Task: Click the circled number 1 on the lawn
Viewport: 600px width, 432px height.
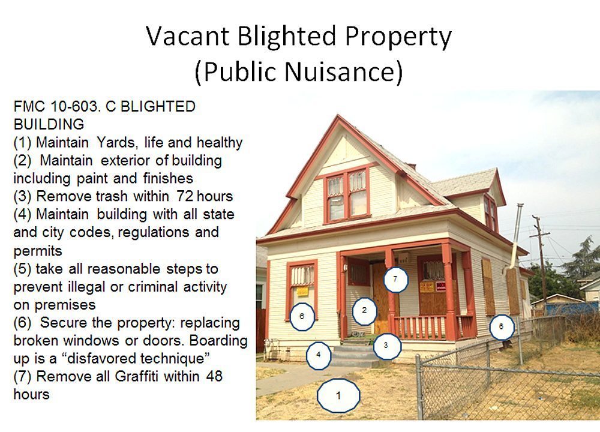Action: point(338,395)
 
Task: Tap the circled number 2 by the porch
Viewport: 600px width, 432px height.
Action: point(364,311)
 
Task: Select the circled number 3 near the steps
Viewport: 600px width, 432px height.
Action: point(386,346)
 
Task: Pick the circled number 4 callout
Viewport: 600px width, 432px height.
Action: point(319,355)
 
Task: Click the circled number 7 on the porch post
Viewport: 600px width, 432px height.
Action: point(395,280)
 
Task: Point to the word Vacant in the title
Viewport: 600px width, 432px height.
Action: point(187,37)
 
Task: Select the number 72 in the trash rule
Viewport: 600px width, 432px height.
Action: point(185,196)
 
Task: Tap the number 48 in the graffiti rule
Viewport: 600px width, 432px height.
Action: point(214,376)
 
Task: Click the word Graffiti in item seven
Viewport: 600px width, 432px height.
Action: point(136,376)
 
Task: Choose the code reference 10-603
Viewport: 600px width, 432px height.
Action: point(76,106)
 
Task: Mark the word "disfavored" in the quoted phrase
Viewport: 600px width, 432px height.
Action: point(103,358)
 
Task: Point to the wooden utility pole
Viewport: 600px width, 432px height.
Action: point(541,264)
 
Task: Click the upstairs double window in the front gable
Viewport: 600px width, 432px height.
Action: point(347,195)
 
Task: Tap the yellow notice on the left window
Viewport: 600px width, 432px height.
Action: point(302,291)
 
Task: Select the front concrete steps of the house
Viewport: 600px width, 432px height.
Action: point(354,355)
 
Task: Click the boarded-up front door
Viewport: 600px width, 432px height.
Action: point(381,298)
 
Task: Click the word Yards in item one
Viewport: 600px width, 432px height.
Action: point(116,142)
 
